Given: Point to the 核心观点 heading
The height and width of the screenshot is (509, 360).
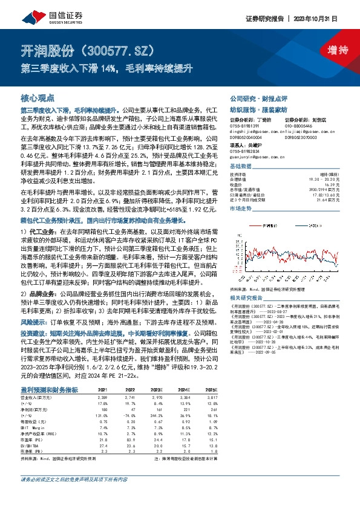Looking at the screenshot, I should [38, 98].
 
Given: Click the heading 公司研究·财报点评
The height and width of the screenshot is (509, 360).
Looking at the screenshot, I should [257, 98].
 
